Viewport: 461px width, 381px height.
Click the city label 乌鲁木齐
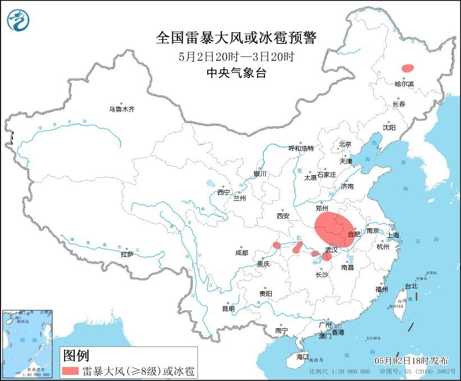coord(122,109)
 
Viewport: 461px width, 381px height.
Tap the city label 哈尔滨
coord(404,84)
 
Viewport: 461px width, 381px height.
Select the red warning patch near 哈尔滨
coord(408,67)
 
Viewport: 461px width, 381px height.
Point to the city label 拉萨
coord(127,254)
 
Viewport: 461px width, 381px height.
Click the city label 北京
coord(345,144)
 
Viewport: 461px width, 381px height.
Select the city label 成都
coord(242,253)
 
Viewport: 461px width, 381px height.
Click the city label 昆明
coord(229,309)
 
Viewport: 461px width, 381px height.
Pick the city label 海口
coord(302,357)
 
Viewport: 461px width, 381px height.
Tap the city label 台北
coord(411,286)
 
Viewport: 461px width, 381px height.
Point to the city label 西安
coord(282,216)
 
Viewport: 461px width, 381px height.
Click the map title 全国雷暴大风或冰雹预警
coord(236,38)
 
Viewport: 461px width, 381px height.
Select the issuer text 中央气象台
coord(236,72)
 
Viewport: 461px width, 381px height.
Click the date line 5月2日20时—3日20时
coord(236,56)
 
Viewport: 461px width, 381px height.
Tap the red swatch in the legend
coord(71,371)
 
